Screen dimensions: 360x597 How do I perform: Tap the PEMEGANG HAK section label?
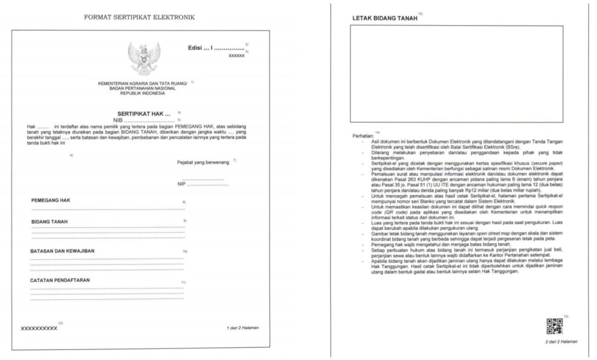51,200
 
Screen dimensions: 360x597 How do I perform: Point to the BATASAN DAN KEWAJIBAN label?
62,251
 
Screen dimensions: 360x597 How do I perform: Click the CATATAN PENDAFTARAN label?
60,280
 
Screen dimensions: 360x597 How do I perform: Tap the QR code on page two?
554,326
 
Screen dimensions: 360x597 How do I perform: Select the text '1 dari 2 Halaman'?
243,328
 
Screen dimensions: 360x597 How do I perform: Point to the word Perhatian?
363,136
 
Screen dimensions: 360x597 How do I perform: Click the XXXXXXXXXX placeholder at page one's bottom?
39,328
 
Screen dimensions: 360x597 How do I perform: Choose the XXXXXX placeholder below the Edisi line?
236,56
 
